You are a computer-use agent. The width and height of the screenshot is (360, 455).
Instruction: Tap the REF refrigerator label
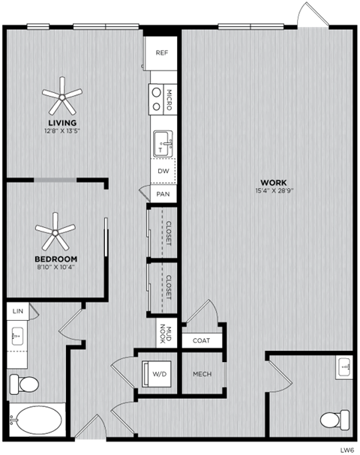[161, 52]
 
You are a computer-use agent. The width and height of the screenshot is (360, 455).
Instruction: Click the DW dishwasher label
[163, 171]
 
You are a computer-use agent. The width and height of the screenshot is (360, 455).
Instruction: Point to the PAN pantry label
[163, 194]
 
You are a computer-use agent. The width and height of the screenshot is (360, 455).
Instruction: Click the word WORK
[272, 183]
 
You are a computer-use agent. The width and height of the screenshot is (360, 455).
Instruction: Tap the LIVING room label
[61, 122]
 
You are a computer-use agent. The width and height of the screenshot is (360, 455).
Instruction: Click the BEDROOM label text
[56, 259]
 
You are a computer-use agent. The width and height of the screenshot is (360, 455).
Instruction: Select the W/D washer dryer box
[159, 373]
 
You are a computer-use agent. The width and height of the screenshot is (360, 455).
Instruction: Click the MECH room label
[202, 374]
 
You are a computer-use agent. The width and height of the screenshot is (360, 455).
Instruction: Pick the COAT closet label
[202, 340]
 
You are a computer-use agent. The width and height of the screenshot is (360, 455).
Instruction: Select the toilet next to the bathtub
[25, 385]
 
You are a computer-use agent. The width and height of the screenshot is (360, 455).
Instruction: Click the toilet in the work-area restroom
[334, 419]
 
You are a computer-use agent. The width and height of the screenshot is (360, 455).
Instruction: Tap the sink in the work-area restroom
[344, 367]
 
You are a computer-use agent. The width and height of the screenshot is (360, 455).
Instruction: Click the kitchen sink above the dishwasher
[162, 143]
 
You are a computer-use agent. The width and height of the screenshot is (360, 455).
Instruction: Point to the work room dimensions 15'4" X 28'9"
[272, 191]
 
